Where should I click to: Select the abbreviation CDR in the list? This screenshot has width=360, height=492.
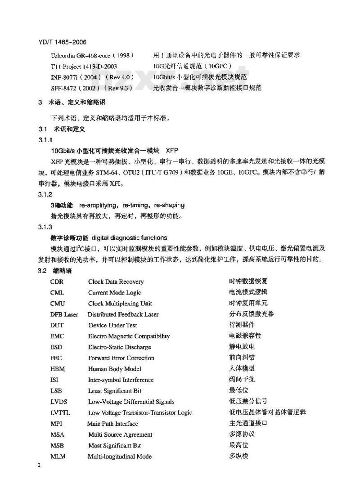pyautogui.click(x=57, y=282)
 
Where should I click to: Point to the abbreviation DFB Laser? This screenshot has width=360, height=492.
pyautogui.click(x=64, y=314)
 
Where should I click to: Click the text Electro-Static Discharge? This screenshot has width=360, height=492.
pyautogui.click(x=120, y=347)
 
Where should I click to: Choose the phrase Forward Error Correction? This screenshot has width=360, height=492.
pyautogui.click(x=121, y=358)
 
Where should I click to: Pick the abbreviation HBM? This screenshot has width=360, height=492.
pyautogui.click(x=58, y=369)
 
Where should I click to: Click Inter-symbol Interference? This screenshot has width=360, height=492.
pyautogui.click(x=121, y=380)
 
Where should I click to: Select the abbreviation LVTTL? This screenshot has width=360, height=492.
pyautogui.click(x=60, y=413)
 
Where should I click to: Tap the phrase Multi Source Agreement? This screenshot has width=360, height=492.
pyautogui.click(x=120, y=434)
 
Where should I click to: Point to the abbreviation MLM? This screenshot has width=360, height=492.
pyautogui.click(x=58, y=456)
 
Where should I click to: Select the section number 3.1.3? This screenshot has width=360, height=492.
pyautogui.click(x=45, y=227)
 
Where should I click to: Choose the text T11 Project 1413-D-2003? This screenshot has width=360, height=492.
pyautogui.click(x=81, y=66)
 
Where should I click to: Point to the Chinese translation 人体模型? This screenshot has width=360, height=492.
pyautogui.click(x=242, y=369)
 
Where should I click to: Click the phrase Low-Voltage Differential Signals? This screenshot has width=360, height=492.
pyautogui.click(x=131, y=402)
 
